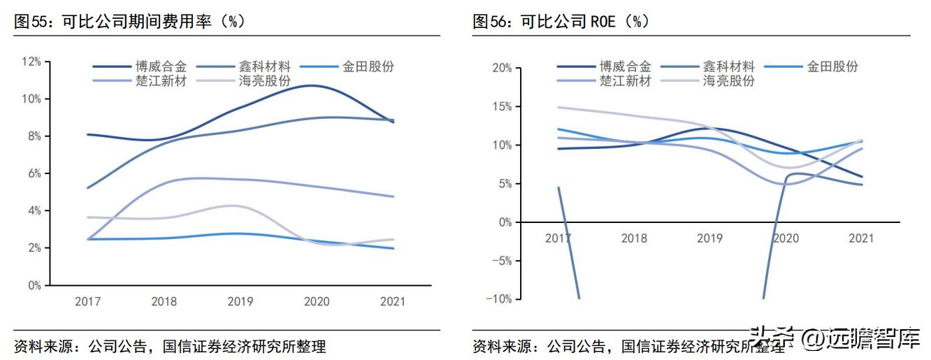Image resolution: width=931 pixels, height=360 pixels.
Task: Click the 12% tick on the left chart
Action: click(x=31, y=62)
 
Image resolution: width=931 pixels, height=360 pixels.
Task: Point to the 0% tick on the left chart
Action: click(x=34, y=285)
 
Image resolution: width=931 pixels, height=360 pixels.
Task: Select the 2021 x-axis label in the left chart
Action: click(x=391, y=301)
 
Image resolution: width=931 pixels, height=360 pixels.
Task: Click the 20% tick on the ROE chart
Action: click(x=502, y=69)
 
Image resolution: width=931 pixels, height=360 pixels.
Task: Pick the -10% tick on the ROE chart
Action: click(x=500, y=298)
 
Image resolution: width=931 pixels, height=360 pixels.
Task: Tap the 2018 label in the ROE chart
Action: click(x=634, y=238)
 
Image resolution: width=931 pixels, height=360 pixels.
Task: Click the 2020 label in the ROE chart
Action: click(x=786, y=238)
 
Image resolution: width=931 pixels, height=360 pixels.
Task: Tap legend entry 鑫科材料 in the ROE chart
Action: click(x=728, y=67)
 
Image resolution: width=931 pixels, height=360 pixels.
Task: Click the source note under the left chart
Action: click(x=170, y=346)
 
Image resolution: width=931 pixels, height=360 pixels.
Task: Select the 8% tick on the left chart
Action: click(x=34, y=136)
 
